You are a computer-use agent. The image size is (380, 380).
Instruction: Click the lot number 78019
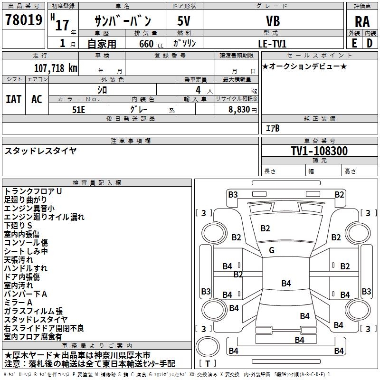pyautogui.click(x=24, y=19)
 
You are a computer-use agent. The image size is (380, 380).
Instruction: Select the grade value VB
pyautogui.click(x=273, y=21)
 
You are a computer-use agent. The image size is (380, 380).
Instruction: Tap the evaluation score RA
pyautogui.click(x=362, y=22)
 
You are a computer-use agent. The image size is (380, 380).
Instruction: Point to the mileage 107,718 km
pyautogui.click(x=56, y=68)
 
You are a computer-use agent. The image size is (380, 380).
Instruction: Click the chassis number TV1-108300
pyautogui.click(x=319, y=151)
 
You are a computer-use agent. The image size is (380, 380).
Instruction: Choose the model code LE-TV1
pyautogui.click(x=272, y=44)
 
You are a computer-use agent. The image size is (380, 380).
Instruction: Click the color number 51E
pyautogui.click(x=78, y=110)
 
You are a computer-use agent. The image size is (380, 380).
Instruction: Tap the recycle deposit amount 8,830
pyautogui.click(x=239, y=110)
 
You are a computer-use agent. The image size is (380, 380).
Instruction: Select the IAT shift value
pyautogui.click(x=14, y=99)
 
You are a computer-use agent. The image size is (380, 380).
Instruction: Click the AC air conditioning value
pyautogui.click(x=37, y=99)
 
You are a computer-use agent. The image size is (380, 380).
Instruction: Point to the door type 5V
pyautogui.click(x=184, y=21)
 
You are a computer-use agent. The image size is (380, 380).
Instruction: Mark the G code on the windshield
pyautogui.click(x=272, y=250)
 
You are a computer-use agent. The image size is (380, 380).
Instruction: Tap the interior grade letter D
pyautogui.click(x=370, y=43)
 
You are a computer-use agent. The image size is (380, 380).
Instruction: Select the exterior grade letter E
pyautogui.click(x=354, y=43)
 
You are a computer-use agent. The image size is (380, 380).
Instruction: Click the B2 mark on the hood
pyautogui.click(x=265, y=228)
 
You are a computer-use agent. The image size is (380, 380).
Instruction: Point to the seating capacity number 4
pyautogui.click(x=198, y=90)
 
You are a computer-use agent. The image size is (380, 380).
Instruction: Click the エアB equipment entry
pyautogui.click(x=273, y=128)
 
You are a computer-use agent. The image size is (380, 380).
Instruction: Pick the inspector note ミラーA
pyautogui.click(x=18, y=303)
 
